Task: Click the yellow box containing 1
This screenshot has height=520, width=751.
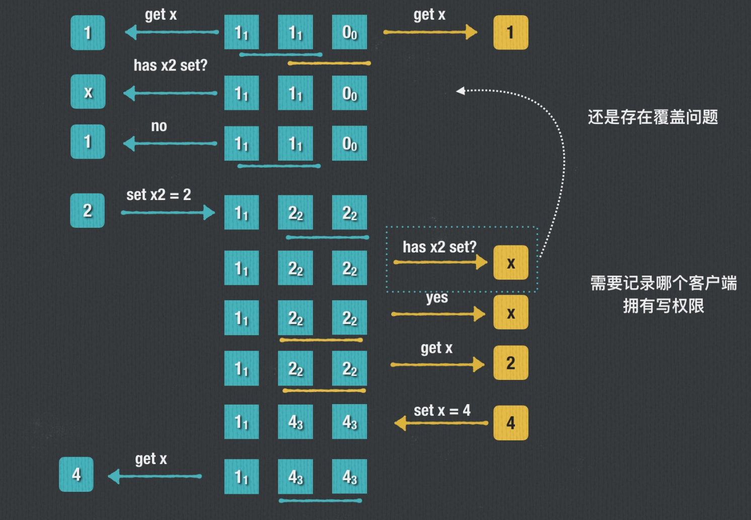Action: click(510, 33)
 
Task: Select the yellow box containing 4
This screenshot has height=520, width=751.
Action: click(510, 423)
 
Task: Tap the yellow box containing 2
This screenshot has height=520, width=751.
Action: click(510, 363)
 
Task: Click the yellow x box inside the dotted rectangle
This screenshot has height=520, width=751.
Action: click(510, 263)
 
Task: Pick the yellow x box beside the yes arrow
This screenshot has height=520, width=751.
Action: click(510, 312)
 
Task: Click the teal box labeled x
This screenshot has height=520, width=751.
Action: click(88, 92)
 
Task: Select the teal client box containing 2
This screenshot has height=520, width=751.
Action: click(88, 211)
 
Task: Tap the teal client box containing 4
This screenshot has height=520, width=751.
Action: click(76, 474)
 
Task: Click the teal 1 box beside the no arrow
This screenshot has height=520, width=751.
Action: click(88, 142)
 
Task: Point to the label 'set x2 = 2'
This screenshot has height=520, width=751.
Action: click(159, 194)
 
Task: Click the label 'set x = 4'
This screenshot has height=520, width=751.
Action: click(442, 411)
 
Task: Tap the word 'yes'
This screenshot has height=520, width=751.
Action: click(436, 297)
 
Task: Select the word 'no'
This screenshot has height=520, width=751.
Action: click(159, 126)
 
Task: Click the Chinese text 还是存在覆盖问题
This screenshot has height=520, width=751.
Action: click(652, 117)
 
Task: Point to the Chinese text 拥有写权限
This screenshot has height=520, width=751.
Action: click(663, 305)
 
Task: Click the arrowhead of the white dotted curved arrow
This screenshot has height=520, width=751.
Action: click(460, 91)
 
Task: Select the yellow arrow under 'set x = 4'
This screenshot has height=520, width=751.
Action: click(441, 423)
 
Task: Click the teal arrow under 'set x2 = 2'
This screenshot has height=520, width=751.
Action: click(168, 213)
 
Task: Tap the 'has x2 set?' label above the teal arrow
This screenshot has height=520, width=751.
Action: click(170, 65)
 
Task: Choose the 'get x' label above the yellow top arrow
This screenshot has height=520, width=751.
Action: click(429, 15)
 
